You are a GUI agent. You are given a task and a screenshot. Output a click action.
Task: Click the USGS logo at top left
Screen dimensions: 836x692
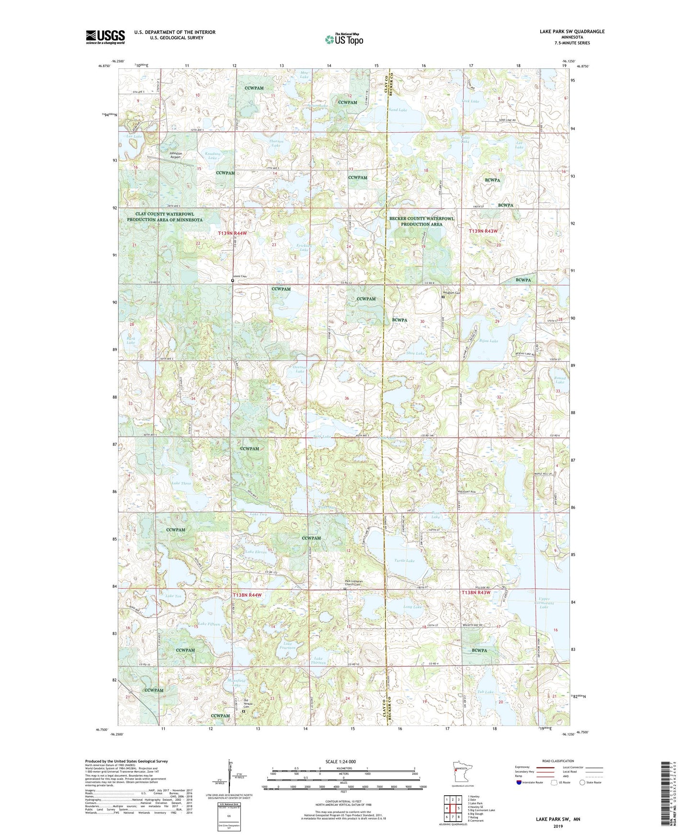tap(105, 37)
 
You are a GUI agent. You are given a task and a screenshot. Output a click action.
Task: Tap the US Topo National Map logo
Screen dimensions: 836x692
tap(343, 39)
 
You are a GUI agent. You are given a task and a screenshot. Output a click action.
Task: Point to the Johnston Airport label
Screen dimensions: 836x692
tap(175, 155)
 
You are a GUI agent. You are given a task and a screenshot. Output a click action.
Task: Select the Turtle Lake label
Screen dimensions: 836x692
tap(404, 560)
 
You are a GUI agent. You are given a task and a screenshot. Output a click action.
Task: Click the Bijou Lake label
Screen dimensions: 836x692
tap(488, 341)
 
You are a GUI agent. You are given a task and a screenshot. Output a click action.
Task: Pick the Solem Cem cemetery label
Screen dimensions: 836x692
tap(239, 276)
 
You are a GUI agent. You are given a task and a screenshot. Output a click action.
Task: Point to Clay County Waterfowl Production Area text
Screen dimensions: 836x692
tap(164, 217)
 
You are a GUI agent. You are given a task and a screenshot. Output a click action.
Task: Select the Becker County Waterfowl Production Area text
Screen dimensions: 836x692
tap(421, 221)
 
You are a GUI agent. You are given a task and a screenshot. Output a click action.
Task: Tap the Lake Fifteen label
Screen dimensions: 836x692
tap(209, 624)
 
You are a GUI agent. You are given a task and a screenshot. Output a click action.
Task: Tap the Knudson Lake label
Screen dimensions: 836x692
tap(213, 156)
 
